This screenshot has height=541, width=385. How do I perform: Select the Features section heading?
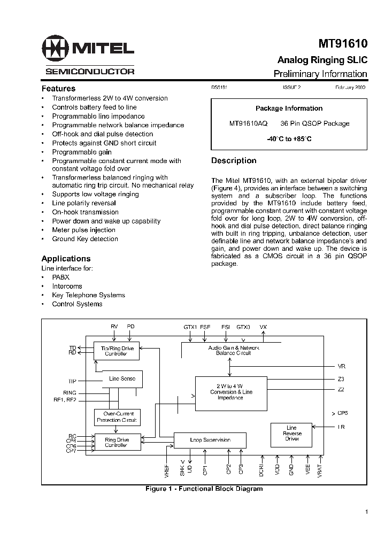[x=58, y=89]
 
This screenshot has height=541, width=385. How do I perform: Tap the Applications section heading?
[x=66, y=259]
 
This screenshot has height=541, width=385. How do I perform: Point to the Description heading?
[x=234, y=160]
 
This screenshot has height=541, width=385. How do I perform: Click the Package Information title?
[x=289, y=109]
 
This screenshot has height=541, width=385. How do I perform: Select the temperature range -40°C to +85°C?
[x=289, y=139]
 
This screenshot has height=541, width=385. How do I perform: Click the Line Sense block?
[x=122, y=379]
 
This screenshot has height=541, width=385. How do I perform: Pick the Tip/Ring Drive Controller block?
[x=117, y=351]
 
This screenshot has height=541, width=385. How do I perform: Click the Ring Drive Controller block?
[x=116, y=442]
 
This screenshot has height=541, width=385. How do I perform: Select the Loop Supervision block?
[x=210, y=440]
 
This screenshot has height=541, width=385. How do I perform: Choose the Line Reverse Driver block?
[x=291, y=433]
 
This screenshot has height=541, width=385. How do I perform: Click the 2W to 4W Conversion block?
[x=230, y=392]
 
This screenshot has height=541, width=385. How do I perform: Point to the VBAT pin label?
[x=320, y=469]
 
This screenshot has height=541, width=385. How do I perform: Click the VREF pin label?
[x=167, y=469]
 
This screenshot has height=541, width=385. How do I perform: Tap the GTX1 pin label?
[x=190, y=327]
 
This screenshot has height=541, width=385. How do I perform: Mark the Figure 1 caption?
[x=204, y=489]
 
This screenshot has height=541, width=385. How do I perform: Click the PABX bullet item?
[x=60, y=277]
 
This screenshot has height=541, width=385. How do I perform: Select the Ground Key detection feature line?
[x=85, y=239]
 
